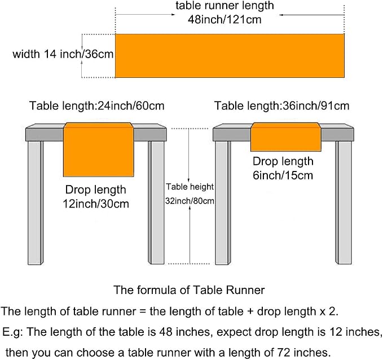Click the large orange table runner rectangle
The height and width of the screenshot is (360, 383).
tap(230, 56)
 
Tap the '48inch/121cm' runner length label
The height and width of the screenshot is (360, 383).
tap(224, 19)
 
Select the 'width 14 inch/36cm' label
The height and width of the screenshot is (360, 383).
tap(63, 54)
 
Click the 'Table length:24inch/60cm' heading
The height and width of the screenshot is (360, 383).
tap(96, 106)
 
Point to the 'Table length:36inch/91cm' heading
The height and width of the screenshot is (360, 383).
tap(281, 106)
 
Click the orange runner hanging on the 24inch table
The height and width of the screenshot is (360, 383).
tap(99, 150)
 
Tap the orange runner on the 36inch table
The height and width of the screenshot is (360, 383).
tap(286, 137)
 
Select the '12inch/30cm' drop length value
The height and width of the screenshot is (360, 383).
tap(96, 204)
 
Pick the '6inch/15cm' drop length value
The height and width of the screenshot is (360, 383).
tap(283, 175)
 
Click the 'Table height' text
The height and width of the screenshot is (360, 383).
tap(190, 187)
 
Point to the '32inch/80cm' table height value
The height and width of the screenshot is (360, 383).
tap(190, 201)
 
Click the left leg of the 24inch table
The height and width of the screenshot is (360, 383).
tap(36, 203)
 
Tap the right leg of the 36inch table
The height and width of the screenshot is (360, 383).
tap(344, 203)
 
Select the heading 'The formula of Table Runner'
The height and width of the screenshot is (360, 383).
tap(189, 290)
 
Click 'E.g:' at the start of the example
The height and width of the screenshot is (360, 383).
tap(12, 332)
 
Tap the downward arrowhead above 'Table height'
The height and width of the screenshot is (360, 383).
tap(188, 179)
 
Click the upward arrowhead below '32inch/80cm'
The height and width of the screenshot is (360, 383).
tap(190, 208)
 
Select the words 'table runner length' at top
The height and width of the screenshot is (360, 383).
tap(224, 6)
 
